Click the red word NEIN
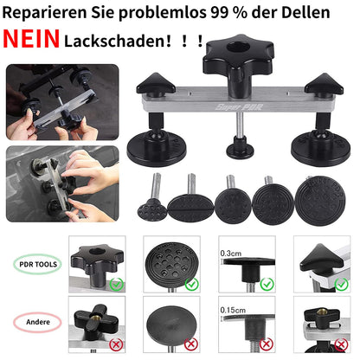coord(31,39)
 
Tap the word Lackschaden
coord(115,41)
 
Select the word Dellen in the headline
coord(305,12)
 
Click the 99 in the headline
coord(219,12)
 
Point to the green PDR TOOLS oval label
coord(37,264)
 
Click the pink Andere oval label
coord(37,322)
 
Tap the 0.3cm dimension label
coord(231,254)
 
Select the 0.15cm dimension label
coord(233,311)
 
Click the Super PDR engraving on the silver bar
coord(239,107)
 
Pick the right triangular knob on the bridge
coord(325,84)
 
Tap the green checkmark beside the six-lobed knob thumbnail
coord(117,285)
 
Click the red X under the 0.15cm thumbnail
coord(267,344)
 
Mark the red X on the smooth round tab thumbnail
coord(191,344)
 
